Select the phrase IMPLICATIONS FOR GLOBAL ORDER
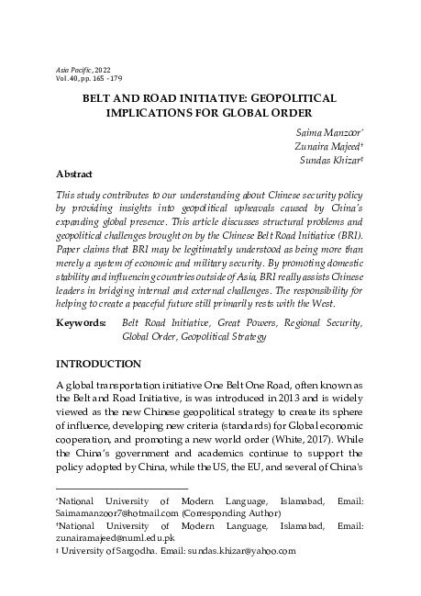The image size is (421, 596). (x=211, y=109)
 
